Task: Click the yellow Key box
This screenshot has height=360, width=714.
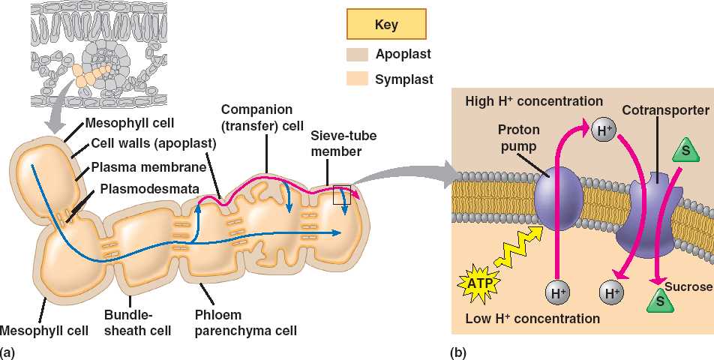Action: pyautogui.click(x=386, y=24)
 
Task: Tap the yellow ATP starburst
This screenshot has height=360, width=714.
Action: pyautogui.click(x=478, y=283)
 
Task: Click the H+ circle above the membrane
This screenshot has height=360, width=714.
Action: pyautogui.click(x=604, y=130)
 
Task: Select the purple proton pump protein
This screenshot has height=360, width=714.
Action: pyautogui.click(x=559, y=202)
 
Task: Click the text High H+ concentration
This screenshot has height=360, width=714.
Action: pyautogui.click(x=533, y=101)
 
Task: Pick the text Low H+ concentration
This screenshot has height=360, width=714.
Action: pyautogui.click(x=532, y=319)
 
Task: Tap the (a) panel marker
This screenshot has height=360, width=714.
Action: pyautogui.click(x=8, y=351)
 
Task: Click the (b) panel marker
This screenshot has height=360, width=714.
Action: pyautogui.click(x=457, y=351)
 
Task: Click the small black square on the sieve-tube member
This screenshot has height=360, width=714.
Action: pyautogui.click(x=342, y=194)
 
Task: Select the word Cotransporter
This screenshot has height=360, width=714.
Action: pyautogui.click(x=665, y=110)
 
